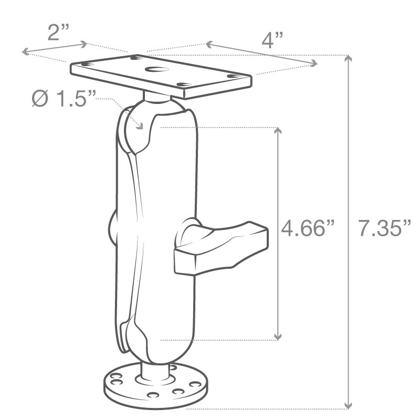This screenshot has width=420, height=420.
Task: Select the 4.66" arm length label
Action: pos(307,229)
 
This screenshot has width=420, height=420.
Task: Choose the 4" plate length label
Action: pos(272,40)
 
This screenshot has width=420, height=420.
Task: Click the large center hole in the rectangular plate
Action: pos(156,70)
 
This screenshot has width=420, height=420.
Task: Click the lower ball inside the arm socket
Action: pos(138,341)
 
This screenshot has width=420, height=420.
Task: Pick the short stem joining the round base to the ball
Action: pos(155,370)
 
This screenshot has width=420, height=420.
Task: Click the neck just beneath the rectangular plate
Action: pos(156,96)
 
